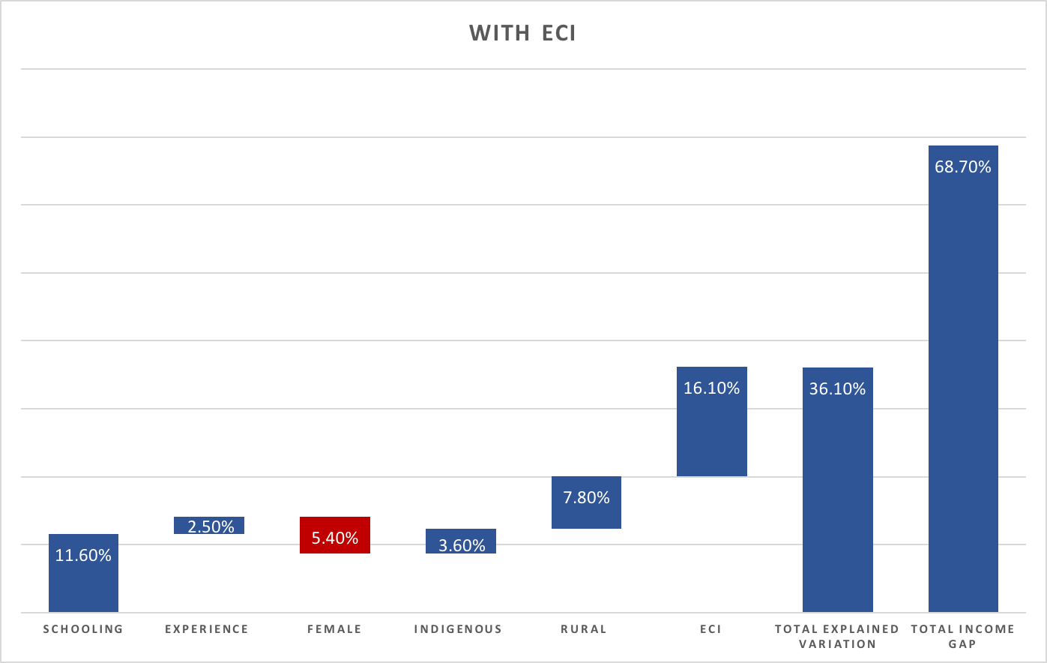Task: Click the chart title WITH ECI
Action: (x=522, y=33)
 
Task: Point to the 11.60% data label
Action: (x=83, y=556)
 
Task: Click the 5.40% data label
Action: (x=335, y=538)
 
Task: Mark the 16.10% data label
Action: (x=712, y=388)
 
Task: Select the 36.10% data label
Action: (x=837, y=389)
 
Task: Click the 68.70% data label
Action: (x=963, y=167)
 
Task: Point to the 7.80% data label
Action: (x=586, y=498)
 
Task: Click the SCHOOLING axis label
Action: (x=83, y=629)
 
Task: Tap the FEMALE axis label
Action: (x=335, y=629)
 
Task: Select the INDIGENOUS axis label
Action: (x=458, y=629)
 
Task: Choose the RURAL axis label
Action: (x=584, y=629)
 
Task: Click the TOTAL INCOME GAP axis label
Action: (x=963, y=636)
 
